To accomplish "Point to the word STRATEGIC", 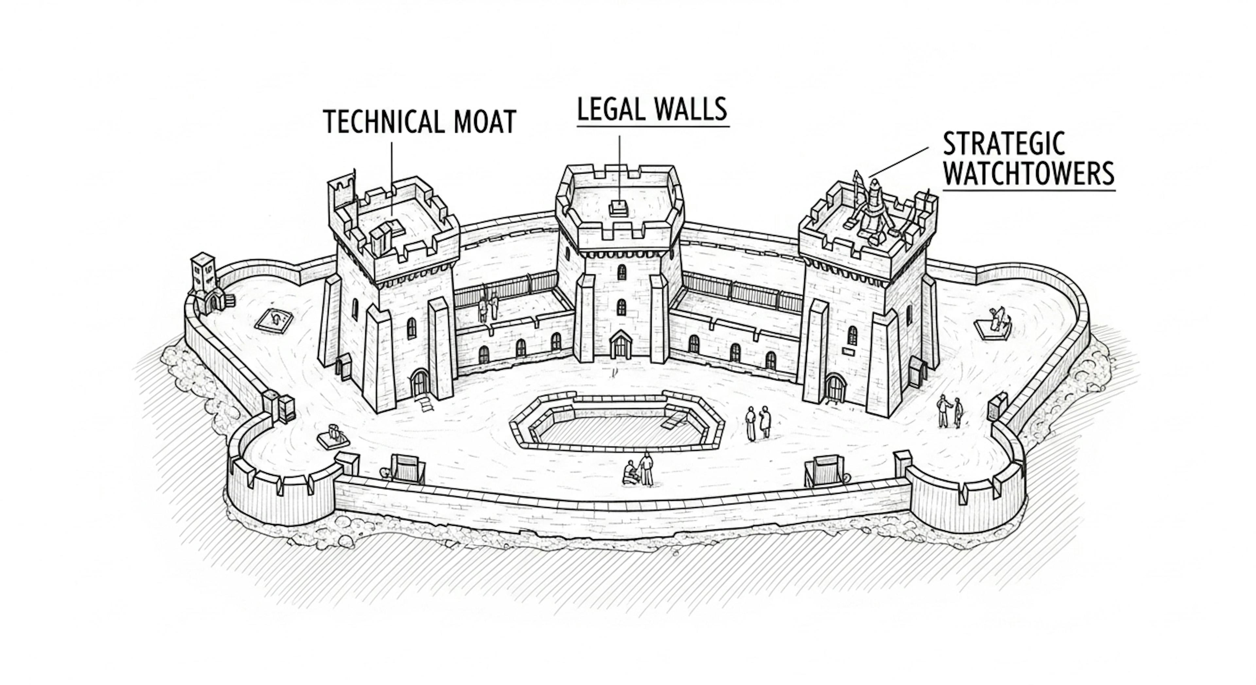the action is pos(1003,144).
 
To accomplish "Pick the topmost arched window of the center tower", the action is pos(621,272).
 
